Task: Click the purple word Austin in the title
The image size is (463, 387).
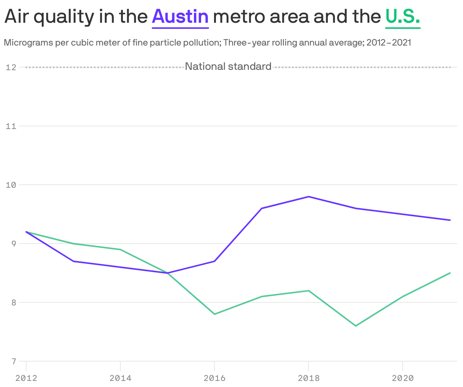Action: tap(180, 17)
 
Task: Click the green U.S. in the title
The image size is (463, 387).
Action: tap(403, 17)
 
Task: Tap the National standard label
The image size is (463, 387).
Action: tap(228, 67)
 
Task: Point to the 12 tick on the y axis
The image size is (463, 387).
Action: tap(11, 68)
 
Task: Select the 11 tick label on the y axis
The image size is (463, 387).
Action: tap(11, 126)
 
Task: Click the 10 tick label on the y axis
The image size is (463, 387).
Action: tap(11, 185)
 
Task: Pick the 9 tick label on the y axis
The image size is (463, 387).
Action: tap(13, 244)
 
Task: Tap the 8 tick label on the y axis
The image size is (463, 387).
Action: tap(13, 302)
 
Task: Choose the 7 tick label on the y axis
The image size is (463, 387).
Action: tap(13, 361)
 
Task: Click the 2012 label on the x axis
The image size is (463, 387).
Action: tap(26, 378)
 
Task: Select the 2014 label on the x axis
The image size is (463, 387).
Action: tap(120, 378)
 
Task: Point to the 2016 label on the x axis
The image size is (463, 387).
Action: tap(214, 378)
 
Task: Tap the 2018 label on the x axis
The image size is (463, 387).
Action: tap(309, 378)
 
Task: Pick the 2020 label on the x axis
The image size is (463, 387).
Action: tap(403, 378)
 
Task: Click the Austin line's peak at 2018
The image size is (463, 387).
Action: tap(309, 197)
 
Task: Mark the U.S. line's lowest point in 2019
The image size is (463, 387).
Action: tap(356, 326)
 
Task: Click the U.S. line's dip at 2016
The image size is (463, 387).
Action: tap(214, 314)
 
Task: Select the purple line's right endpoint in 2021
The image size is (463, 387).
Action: tap(450, 220)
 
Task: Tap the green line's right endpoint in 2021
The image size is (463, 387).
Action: tap(450, 273)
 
